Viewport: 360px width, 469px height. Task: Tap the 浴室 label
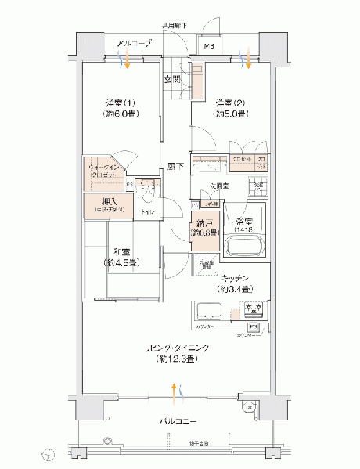click(243, 221)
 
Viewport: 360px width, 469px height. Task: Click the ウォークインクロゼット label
click(104, 172)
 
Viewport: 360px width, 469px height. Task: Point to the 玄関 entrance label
click(171, 79)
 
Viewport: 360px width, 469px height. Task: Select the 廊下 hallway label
click(176, 166)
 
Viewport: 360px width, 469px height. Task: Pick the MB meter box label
click(208, 47)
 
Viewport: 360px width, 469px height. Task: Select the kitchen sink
click(207, 310)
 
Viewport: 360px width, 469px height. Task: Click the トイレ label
click(146, 212)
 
